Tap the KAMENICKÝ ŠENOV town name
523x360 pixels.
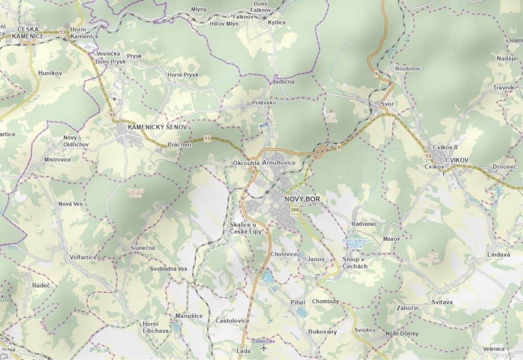click(x=157, y=127)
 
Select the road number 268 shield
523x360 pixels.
click(x=295, y=210)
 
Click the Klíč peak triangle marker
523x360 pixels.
click(x=332, y=110)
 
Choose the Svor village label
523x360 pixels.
click(x=387, y=104)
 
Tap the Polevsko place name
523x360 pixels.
click(x=264, y=103)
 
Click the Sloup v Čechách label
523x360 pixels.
click(x=355, y=263)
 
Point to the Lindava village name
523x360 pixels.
click(x=499, y=255)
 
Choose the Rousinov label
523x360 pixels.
click(x=407, y=68)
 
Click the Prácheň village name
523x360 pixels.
click(x=179, y=144)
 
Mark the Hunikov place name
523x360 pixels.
click(x=50, y=72)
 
